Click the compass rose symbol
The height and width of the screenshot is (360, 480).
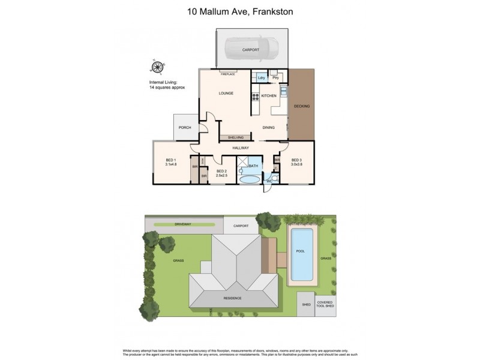pos(157,68)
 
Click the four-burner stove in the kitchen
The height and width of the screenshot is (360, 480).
pos(255,96)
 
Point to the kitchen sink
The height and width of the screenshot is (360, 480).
pos(283,92)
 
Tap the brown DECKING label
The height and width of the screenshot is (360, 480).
pos(302,106)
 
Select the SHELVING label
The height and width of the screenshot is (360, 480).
pos(235,137)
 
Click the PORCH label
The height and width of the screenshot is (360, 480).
pos(185,127)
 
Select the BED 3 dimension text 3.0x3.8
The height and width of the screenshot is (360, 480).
pos(296,164)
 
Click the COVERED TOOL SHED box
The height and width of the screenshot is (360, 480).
pos(325,305)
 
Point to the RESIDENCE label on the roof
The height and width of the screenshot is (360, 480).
pos(233,298)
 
